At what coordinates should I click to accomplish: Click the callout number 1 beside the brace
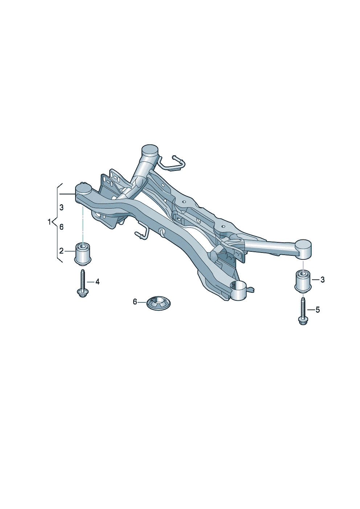pyautogui.click(x=49, y=222)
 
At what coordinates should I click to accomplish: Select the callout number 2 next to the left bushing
pyautogui.click(x=61, y=251)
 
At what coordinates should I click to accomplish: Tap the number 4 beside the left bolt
pyautogui.click(x=97, y=282)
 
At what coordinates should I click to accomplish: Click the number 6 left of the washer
pyautogui.click(x=135, y=302)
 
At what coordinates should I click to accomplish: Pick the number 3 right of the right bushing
pyautogui.click(x=322, y=280)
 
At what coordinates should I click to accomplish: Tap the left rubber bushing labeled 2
pyautogui.click(x=83, y=254)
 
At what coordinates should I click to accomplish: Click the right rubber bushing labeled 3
pyautogui.click(x=303, y=282)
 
